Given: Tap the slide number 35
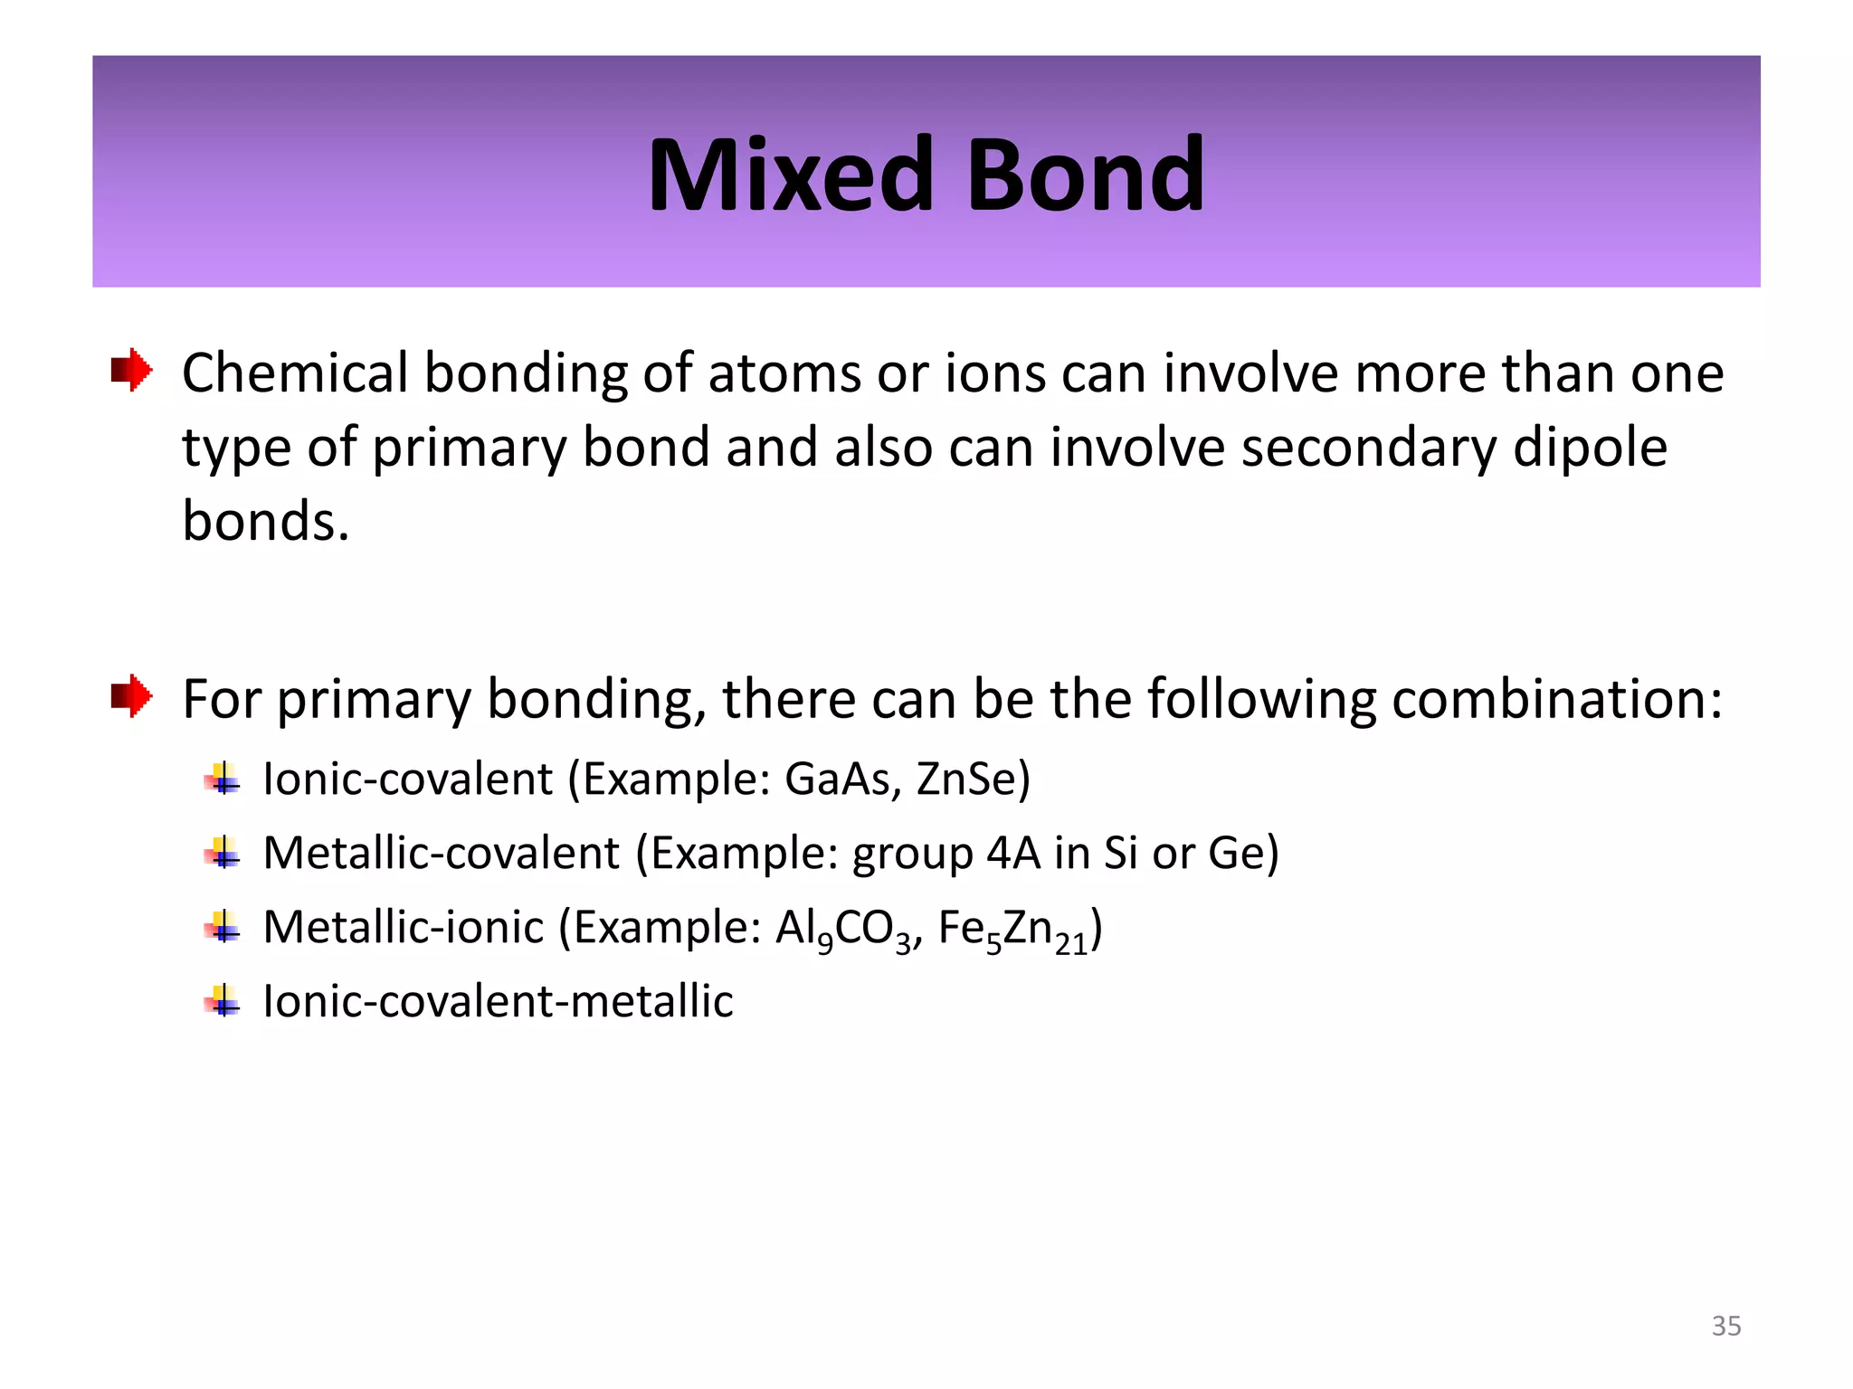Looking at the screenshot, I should tap(1725, 1326).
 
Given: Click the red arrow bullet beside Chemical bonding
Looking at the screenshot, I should tap(132, 370).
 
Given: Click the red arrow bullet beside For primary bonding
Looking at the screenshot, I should tap(132, 696).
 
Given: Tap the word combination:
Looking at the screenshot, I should tap(1557, 699).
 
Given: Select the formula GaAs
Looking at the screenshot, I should tap(841, 779).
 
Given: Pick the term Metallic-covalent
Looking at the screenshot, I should tap(442, 853).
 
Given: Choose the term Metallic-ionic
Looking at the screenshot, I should tap(404, 927).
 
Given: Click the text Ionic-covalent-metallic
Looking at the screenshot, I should tap(498, 1001).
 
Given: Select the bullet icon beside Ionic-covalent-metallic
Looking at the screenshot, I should tap(223, 1001).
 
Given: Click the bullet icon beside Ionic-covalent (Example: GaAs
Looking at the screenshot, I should tap(223, 779).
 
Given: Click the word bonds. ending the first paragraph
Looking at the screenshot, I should tap(265, 522).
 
